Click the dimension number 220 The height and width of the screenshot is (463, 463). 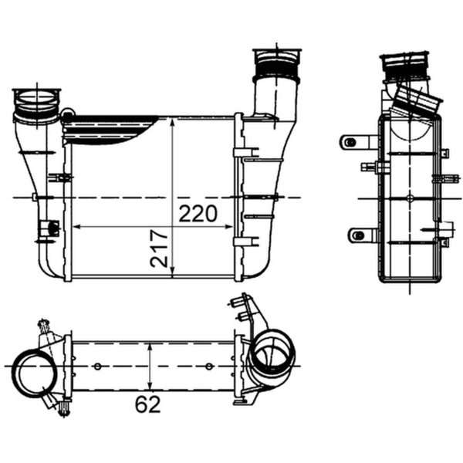(198, 214)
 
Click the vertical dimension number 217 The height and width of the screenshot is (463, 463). (158, 248)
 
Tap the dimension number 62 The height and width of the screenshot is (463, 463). (148, 404)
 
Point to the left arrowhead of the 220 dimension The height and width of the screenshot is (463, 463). (76, 227)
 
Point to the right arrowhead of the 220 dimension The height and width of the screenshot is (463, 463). (229, 227)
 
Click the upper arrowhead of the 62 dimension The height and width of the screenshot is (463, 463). (150, 346)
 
